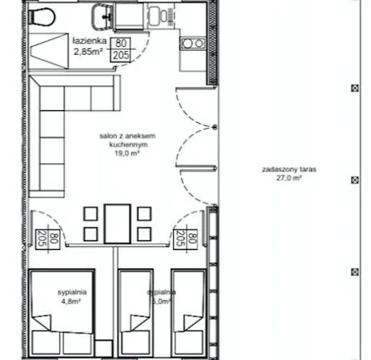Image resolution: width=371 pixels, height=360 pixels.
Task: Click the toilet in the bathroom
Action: (45, 14)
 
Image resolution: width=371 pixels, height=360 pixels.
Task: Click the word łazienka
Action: (89, 42)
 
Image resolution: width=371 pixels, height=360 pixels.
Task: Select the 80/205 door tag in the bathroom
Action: (120, 50)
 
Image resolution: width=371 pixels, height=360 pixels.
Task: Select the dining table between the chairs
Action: (117, 223)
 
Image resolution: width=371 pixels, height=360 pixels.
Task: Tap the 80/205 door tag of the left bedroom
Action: (40, 237)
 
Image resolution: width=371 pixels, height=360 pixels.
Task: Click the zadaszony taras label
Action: (290, 171)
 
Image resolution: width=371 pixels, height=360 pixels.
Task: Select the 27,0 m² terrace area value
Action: (290, 180)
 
